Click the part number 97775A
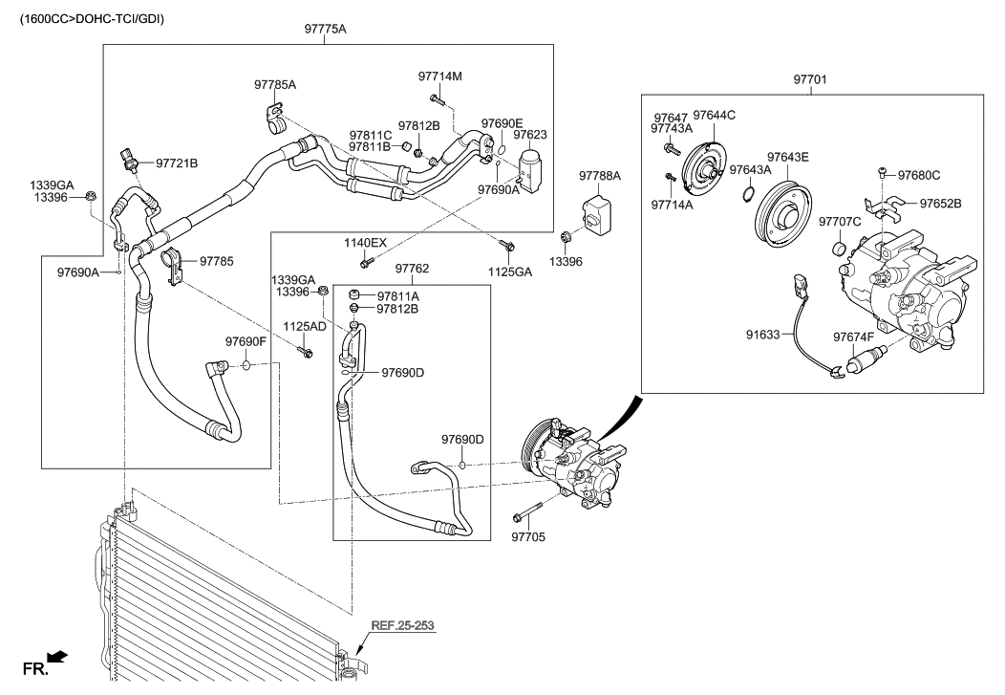(x=325, y=29)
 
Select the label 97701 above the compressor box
(x=810, y=79)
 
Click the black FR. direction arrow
(x=58, y=656)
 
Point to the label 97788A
(x=600, y=175)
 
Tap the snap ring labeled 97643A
(x=745, y=194)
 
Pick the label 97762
(x=412, y=269)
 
